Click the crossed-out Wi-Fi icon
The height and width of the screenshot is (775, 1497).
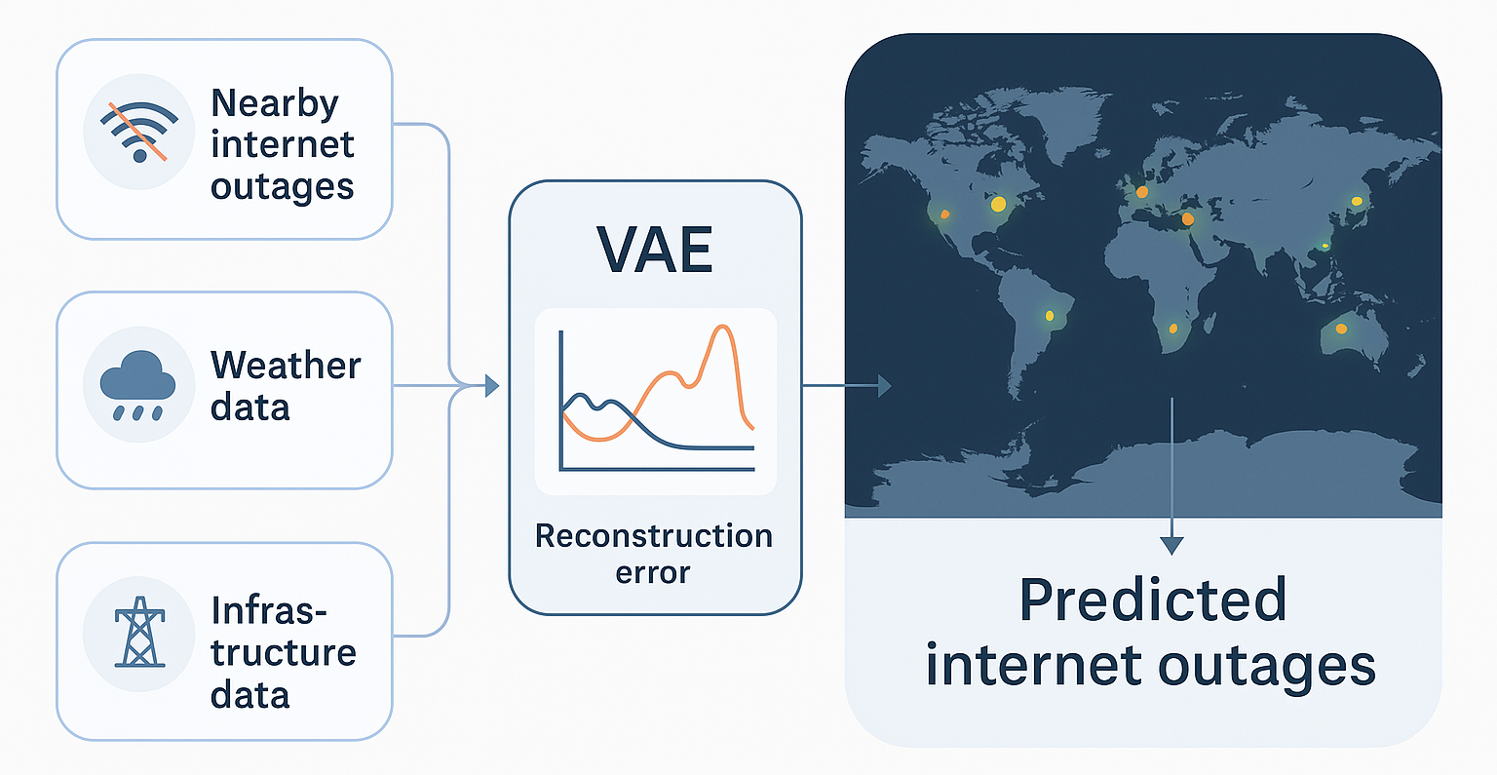tap(138, 133)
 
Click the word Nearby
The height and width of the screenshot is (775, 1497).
tap(275, 103)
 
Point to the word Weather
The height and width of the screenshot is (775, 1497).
tap(286, 366)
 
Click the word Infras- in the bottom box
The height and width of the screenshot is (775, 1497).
tap(269, 611)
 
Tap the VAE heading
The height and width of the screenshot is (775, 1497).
tap(655, 250)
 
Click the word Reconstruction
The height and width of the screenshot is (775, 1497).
tap(654, 536)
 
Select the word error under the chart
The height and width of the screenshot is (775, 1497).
tap(653, 572)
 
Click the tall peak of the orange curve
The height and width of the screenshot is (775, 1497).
tap(721, 329)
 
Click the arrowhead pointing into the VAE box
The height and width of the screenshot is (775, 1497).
tap(491, 386)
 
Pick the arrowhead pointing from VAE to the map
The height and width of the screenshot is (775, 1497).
tap(884, 386)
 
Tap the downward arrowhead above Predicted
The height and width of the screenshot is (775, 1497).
tap(1171, 545)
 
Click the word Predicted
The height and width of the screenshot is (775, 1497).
tap(1153, 601)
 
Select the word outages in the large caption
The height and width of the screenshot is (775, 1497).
tap(1267, 667)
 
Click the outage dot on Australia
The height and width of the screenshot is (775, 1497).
tap(1341, 329)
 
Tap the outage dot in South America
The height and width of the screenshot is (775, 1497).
tap(1050, 316)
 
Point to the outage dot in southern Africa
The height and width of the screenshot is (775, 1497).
tap(1173, 329)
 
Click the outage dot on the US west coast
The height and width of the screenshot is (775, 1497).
tap(943, 214)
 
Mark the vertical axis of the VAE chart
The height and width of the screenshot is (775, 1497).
tap(561, 400)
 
